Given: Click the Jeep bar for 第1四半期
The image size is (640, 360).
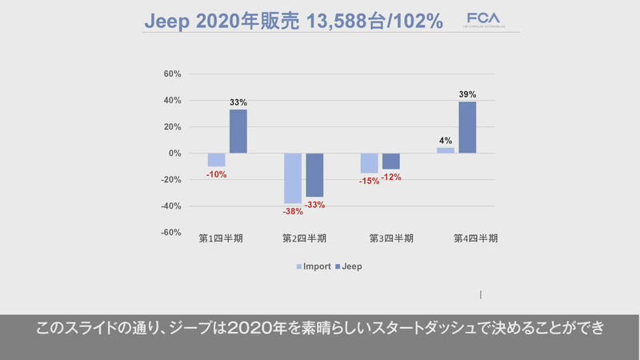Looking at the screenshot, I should [238, 131].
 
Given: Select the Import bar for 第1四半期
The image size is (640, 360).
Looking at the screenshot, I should [216, 160].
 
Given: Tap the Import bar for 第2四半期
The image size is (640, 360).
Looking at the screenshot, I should [293, 178].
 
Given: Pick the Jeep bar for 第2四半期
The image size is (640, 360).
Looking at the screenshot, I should [314, 174].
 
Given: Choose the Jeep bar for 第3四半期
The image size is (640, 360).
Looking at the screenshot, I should [390, 161].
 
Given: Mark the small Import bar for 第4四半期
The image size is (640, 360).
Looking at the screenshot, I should [446, 150].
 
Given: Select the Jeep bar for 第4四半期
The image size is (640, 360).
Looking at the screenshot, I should [467, 127].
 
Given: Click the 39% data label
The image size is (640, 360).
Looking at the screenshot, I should [467, 95].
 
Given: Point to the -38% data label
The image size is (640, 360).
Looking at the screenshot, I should [293, 212].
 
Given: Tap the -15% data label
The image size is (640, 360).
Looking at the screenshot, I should [369, 182].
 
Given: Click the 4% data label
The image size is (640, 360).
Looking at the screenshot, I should [446, 141].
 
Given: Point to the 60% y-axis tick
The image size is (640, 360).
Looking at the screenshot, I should [172, 74].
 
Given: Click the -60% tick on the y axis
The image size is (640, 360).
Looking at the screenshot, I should [170, 233].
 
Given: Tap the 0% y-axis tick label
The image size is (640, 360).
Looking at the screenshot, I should [174, 154].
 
